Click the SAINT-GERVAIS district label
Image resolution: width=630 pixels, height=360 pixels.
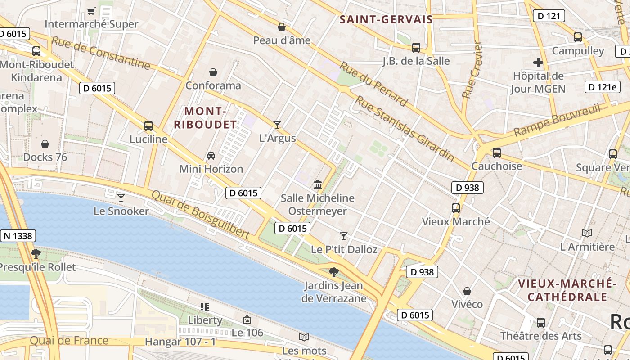[x=386, y=19]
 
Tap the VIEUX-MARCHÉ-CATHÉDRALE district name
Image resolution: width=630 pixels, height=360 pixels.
[x=567, y=290]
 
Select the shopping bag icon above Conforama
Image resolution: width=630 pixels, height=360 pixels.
[x=213, y=72]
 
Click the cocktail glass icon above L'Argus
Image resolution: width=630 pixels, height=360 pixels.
[x=277, y=125]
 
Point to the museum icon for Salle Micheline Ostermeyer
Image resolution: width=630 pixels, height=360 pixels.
[x=318, y=184]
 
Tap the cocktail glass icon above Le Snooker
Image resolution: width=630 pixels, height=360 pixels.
[x=121, y=198]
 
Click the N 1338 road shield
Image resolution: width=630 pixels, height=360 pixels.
[x=18, y=236]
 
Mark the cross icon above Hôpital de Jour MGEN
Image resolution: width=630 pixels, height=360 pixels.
[x=538, y=63]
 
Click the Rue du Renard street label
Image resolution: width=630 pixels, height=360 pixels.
[x=373, y=84]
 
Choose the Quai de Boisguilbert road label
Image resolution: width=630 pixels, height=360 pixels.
[x=201, y=215]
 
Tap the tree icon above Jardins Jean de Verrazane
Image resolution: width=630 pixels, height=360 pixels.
[x=333, y=272]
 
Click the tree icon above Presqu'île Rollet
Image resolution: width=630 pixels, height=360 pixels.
[x=36, y=254]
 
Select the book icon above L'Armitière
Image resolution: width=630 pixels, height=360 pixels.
[x=587, y=233]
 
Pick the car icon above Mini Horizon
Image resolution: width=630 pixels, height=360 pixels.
[x=211, y=156]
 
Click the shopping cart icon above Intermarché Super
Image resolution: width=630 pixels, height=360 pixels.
[x=91, y=11]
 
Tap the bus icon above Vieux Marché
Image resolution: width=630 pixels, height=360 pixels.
[x=456, y=208]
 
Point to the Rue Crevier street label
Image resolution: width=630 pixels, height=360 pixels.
[x=472, y=70]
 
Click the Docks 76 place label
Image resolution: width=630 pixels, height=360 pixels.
[x=45, y=157]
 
